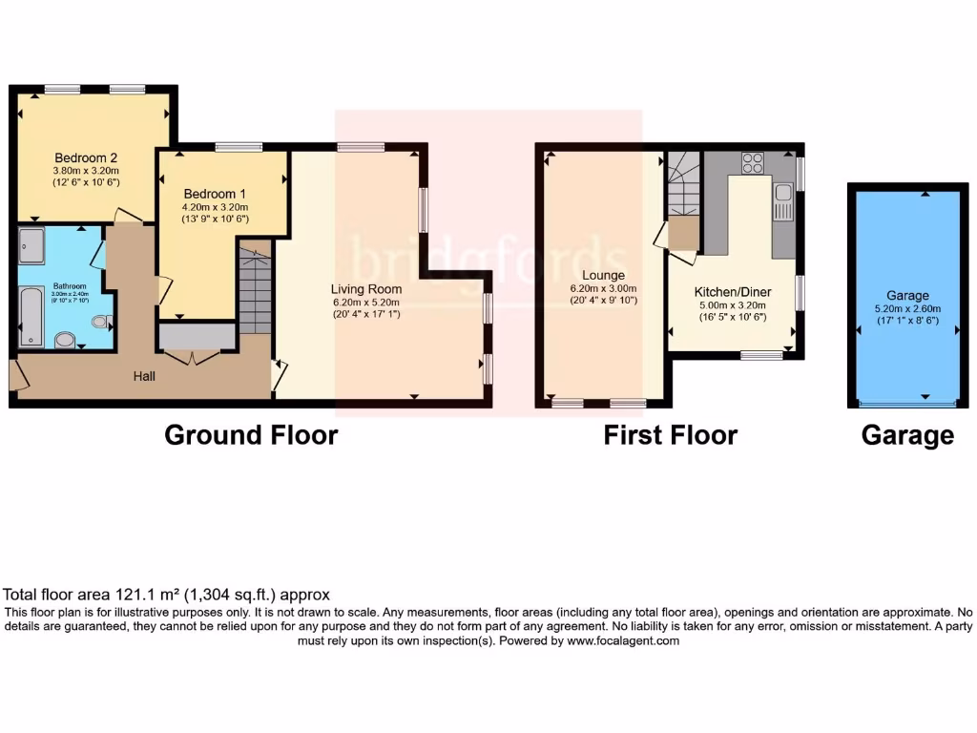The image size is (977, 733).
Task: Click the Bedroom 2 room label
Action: pos(86,157)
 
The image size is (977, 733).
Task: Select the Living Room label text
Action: pos(366,289)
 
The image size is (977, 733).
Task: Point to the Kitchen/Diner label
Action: pos(733,292)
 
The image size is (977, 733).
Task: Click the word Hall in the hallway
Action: pos(144,376)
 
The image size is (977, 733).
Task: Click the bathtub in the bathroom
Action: pos(30,316)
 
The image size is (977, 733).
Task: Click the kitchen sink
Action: pos(783,199)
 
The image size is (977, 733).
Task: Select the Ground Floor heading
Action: pos(251,435)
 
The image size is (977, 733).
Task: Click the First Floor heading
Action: pos(670,435)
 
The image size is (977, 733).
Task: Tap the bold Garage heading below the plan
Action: pos(906,435)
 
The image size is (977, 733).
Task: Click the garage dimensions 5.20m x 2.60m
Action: pos(906,308)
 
